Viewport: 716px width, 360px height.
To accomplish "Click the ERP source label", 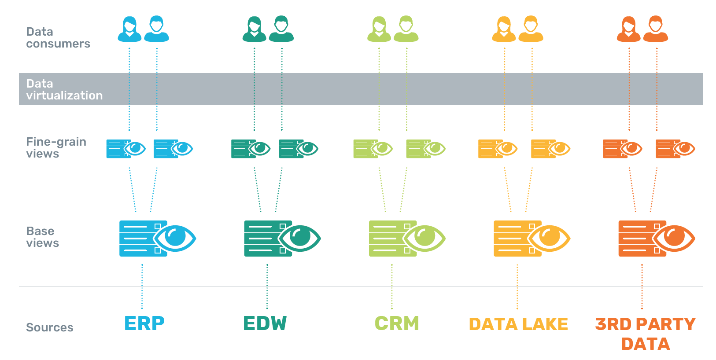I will tap(144, 323).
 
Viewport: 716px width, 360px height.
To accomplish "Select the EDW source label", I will tap(265, 323).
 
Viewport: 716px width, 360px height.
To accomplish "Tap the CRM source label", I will tap(397, 323).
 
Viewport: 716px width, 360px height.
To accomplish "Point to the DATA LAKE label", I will tap(518, 324).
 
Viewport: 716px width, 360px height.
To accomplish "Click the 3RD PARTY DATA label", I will tap(645, 334).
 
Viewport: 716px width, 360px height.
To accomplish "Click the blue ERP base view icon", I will tap(157, 239).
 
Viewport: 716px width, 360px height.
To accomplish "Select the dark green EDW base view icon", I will tap(282, 239).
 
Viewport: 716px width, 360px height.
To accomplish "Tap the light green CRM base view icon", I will tap(407, 239).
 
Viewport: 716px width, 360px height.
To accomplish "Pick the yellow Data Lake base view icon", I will tap(532, 239).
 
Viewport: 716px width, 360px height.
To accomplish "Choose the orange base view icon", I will tap(657, 239).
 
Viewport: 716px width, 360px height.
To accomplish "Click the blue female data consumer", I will tap(129, 29).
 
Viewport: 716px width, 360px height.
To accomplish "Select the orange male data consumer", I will tap(656, 29).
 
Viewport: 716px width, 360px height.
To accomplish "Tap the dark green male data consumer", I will tap(281, 29).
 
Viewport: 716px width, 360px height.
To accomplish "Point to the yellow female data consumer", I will tap(504, 29).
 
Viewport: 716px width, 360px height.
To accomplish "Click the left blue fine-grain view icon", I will tap(126, 149).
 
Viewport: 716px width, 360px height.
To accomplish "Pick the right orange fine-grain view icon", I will tap(675, 149).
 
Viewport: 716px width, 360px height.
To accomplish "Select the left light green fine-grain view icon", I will tap(373, 149).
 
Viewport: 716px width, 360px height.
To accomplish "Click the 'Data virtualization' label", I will tap(64, 89).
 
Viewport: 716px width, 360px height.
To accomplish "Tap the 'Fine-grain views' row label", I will tap(56, 147).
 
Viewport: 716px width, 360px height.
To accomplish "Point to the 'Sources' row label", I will tap(50, 327).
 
